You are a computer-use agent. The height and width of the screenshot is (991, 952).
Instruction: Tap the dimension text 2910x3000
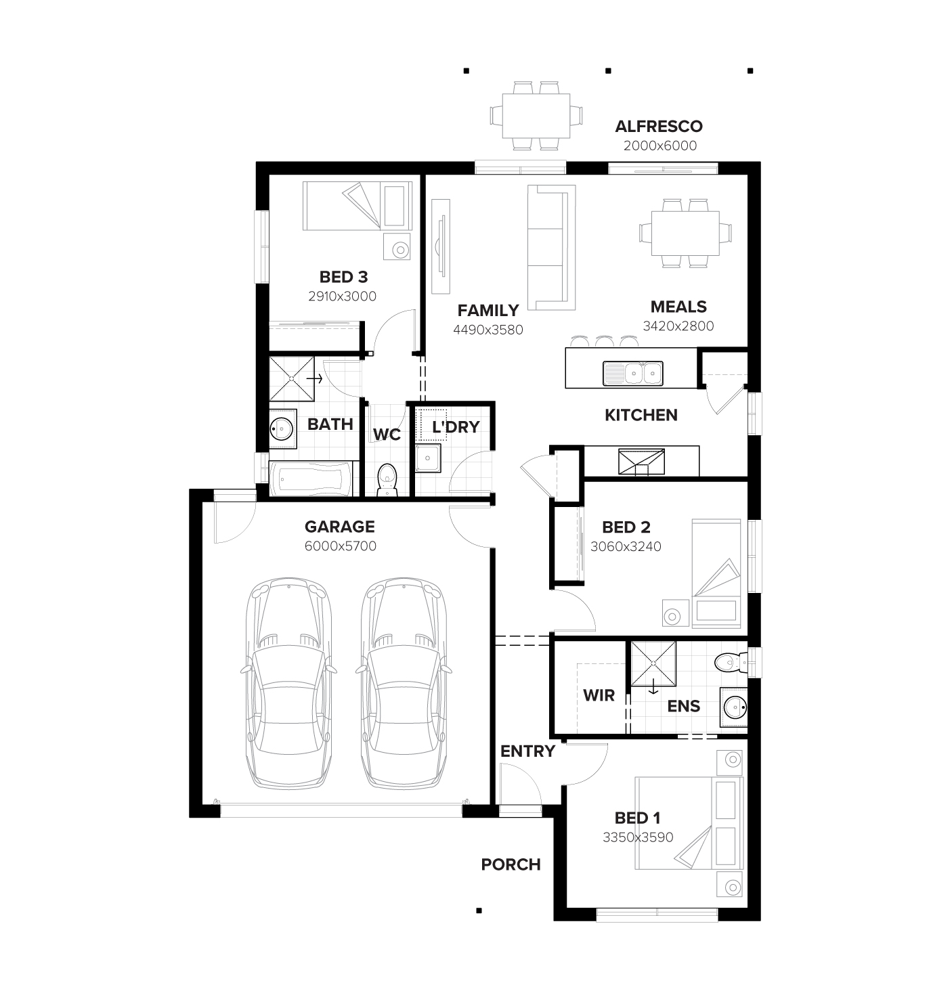[342, 296]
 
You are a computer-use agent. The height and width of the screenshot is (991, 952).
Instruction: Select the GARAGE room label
[339, 527]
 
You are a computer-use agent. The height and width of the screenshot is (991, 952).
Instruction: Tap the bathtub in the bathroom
[311, 479]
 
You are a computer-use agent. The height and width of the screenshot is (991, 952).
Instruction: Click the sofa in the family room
[551, 248]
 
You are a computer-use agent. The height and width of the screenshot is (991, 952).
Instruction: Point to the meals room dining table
[685, 233]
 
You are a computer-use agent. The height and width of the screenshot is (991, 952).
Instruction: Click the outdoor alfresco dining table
[536, 114]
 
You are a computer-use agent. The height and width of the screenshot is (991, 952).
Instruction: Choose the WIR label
[599, 695]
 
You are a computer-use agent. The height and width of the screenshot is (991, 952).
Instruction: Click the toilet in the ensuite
[729, 661]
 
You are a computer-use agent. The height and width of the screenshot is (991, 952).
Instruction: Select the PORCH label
[511, 864]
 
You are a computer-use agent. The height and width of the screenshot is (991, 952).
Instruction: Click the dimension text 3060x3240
[626, 546]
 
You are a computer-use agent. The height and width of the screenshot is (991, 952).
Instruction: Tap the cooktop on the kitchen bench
[641, 462]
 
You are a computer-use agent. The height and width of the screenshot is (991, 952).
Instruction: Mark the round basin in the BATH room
[281, 428]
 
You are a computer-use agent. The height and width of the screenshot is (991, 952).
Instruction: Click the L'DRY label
[456, 427]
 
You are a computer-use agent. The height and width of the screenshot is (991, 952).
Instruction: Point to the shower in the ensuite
[653, 663]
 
